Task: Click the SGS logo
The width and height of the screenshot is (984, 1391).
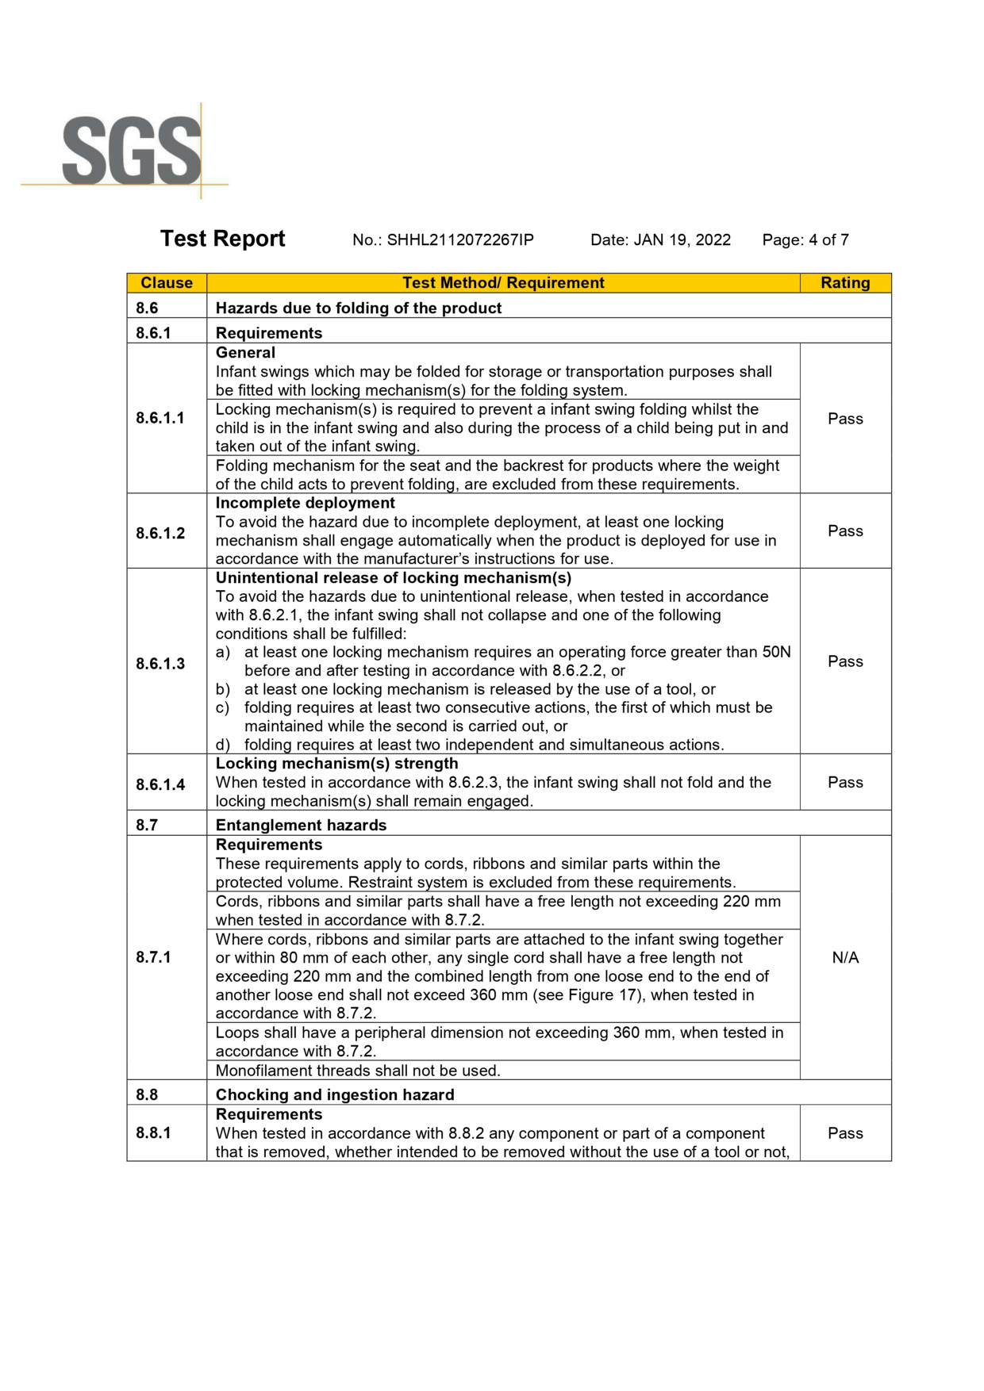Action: tap(132, 151)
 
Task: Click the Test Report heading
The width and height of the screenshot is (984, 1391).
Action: tap(222, 239)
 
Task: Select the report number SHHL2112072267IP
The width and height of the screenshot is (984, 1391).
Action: tap(459, 240)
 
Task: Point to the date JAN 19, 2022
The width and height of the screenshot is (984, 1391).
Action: tap(682, 240)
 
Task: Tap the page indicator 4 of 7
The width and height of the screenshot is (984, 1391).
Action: tap(828, 240)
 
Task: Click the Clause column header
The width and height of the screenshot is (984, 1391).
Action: tap(167, 283)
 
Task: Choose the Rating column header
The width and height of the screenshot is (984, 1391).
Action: tap(845, 283)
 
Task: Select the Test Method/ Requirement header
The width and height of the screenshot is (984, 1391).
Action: tap(503, 283)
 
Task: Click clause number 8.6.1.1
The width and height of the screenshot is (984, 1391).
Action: tap(160, 418)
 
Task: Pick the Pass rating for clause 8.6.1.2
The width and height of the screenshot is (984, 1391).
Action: tap(845, 531)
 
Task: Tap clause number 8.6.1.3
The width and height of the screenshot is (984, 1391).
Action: tap(160, 664)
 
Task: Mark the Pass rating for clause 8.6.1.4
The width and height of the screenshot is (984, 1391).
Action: tap(845, 783)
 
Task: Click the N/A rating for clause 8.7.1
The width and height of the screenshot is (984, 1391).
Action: tap(845, 958)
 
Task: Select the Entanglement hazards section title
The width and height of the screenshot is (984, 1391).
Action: tap(301, 826)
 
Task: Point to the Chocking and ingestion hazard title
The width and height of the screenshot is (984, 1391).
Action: tap(335, 1095)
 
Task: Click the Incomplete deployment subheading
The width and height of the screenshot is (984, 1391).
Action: tap(305, 504)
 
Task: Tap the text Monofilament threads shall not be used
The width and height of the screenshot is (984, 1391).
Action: tap(358, 1071)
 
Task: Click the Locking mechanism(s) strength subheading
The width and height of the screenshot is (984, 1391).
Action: tap(336, 764)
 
